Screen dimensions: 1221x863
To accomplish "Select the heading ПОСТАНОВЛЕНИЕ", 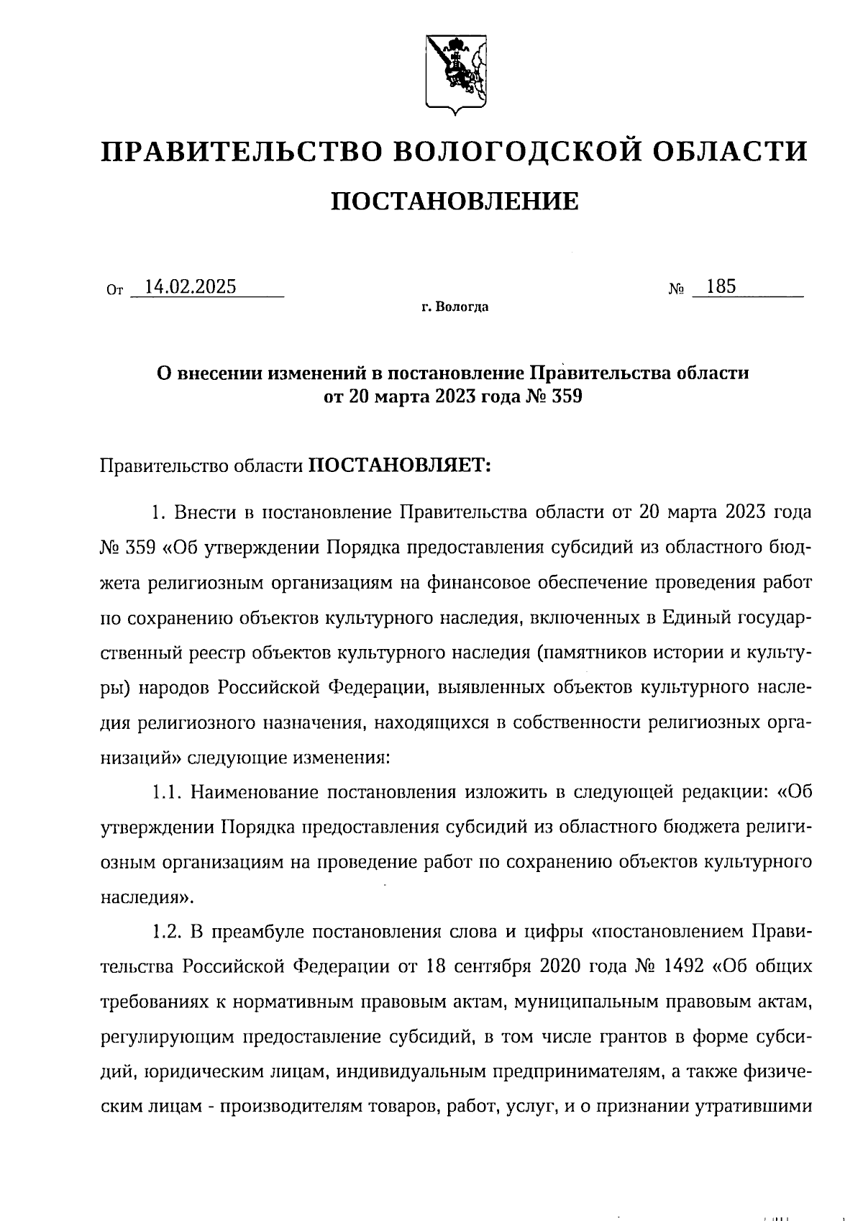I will click(454, 202).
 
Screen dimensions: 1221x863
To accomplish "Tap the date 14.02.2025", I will click(190, 287).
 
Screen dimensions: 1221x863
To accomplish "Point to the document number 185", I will click(721, 287).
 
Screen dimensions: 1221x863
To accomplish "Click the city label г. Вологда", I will click(455, 308).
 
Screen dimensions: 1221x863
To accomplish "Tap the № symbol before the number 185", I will click(676, 290).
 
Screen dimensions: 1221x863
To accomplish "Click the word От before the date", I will click(114, 291).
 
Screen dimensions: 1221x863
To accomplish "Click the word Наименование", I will click(251, 793).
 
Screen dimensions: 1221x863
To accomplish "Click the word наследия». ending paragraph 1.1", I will click(146, 898).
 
